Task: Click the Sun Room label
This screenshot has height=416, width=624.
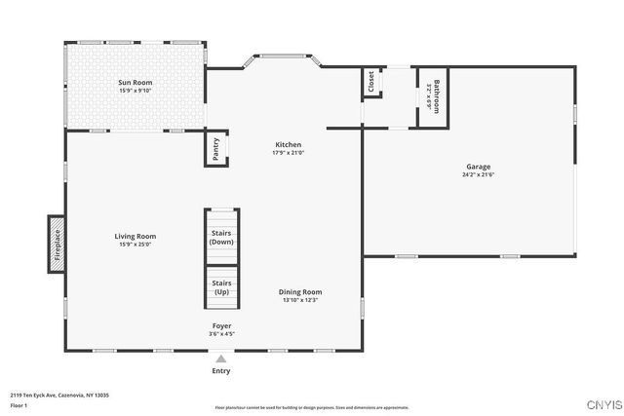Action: click(135, 83)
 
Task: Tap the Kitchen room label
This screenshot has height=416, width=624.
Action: click(288, 144)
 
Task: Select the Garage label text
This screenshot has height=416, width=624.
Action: click(478, 167)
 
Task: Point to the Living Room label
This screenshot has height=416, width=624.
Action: click(135, 236)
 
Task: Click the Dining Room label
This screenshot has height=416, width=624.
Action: click(300, 291)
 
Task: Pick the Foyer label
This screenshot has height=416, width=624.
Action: click(222, 324)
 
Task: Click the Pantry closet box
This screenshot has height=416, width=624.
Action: click(215, 149)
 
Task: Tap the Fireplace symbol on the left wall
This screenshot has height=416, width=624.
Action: click(57, 243)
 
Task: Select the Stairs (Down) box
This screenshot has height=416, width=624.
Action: click(221, 237)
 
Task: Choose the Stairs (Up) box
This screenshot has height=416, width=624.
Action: click(221, 287)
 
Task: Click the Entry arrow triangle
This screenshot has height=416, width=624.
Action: click(221, 359)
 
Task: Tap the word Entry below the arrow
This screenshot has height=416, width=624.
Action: click(221, 371)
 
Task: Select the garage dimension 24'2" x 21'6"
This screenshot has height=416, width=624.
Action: click(478, 174)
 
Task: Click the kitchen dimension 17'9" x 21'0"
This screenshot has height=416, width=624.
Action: click(288, 152)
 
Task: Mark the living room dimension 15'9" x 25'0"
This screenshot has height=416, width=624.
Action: click(135, 244)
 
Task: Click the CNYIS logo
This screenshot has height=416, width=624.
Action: click(599, 402)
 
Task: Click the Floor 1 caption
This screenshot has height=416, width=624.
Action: click(18, 404)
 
